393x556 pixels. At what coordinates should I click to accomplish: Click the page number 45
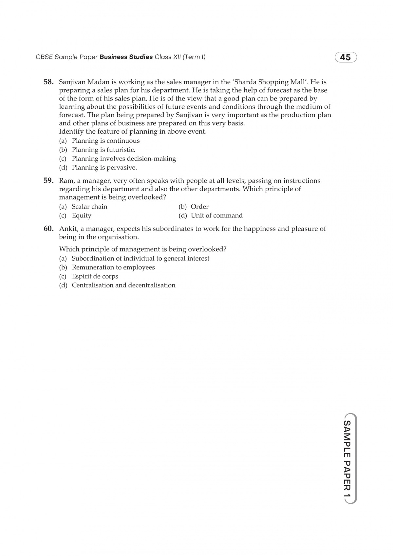coord(346,58)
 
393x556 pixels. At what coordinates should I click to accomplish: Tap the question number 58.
coord(48,82)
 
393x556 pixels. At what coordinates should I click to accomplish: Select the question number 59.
coord(48,180)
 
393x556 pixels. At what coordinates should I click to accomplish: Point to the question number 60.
coord(48,229)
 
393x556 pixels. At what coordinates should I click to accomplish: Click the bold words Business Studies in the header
coord(126,57)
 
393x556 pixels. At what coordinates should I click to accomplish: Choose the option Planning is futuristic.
coord(103,150)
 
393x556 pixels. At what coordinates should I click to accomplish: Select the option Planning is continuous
coord(105,141)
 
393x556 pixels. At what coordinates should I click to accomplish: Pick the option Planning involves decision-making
coord(124,159)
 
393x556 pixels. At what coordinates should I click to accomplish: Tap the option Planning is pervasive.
coord(104,168)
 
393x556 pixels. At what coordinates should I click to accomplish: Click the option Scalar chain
coord(89,207)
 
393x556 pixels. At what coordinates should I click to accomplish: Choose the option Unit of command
coord(216,215)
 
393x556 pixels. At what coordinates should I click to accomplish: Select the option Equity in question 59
coord(82,215)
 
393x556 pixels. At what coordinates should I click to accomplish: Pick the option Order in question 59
coord(199,207)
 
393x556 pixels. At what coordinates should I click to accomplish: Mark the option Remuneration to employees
coord(113,267)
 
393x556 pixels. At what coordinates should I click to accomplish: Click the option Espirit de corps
coord(95,276)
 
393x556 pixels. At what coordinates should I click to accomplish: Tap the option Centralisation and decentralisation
coord(123,285)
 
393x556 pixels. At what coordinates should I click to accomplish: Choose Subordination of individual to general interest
coord(140,258)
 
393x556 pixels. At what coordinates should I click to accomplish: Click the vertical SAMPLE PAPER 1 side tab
coord(347,458)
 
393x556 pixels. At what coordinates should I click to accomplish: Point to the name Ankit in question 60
coord(67,229)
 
